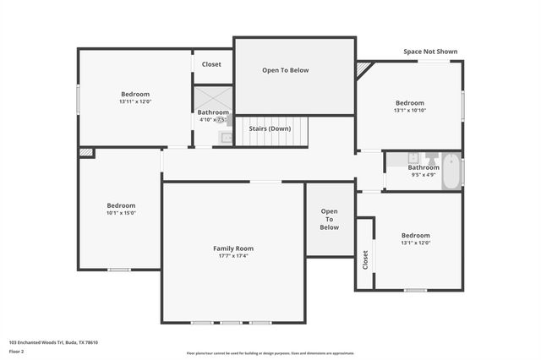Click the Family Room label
tap(232, 248)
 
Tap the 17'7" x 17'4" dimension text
tap(232, 256)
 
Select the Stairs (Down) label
tap(269, 128)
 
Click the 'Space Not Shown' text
tap(430, 52)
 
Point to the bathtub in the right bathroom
tap(451, 171)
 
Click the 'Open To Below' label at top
tap(285, 70)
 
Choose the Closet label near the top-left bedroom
tap(211, 63)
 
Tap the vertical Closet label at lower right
tap(365, 259)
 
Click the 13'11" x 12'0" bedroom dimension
tap(135, 101)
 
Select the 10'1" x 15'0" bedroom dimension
tap(121, 213)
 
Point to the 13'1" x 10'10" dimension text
tap(410, 110)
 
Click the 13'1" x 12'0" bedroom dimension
tap(415, 243)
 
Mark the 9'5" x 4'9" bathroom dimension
tap(423, 174)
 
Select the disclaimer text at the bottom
tap(270, 353)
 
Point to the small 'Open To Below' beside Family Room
tap(329, 220)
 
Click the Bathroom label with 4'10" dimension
tap(212, 112)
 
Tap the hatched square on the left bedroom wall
tap(86, 153)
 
